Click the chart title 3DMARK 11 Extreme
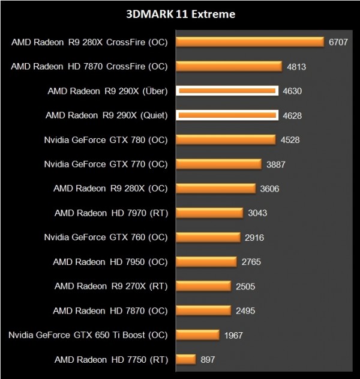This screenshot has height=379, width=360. click(180, 13)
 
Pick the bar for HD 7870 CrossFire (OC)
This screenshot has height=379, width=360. click(229, 67)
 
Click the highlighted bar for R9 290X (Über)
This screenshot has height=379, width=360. click(227, 91)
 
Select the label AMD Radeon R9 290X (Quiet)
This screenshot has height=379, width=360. click(107, 115)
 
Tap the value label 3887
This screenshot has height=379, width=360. click(277, 165)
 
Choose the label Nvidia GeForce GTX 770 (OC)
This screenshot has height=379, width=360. click(106, 165)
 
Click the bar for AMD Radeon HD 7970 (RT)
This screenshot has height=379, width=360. click(209, 213)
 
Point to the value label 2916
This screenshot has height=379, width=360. click(254, 238)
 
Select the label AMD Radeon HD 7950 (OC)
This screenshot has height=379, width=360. click(110, 262)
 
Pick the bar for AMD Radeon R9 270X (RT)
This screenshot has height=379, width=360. click(203, 287)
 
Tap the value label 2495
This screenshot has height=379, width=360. click(245, 311)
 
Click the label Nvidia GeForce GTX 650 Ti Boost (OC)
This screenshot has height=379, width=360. click(88, 335)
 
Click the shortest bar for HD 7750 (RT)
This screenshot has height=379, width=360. click(186, 360)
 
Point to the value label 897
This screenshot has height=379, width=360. click(208, 360)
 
